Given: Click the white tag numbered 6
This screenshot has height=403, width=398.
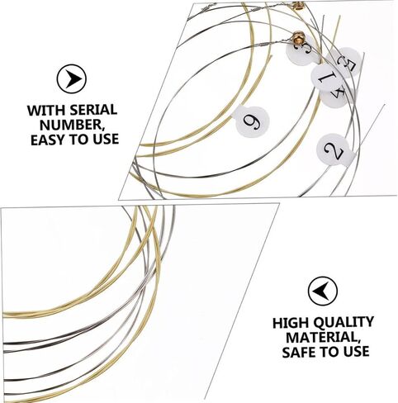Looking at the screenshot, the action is coord(251,121).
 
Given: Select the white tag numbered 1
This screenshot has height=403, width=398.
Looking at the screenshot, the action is coord(327,78).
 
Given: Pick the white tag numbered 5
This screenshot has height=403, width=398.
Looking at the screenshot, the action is coord(344,62).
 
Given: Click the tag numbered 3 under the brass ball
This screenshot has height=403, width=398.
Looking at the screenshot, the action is coord(302,52).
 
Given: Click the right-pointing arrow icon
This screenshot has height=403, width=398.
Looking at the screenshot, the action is coord(72,78).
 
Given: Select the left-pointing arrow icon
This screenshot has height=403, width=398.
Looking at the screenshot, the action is coord(323,292).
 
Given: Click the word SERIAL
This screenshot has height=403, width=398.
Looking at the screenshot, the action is coord(93,110).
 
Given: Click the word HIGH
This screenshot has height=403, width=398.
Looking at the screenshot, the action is coord(291,323).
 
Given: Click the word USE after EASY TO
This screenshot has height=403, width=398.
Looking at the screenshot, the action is coord(106,140).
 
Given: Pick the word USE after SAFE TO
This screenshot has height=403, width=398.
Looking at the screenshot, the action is coord(356,352).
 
